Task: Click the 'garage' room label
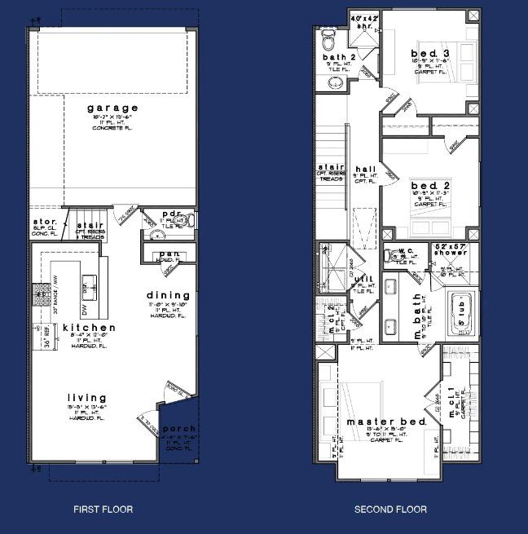[113, 108]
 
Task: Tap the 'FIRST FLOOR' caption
[103, 510]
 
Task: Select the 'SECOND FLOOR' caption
[390, 510]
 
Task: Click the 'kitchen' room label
[90, 328]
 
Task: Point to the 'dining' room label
[169, 295]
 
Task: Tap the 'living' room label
[86, 397]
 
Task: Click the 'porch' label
[178, 429]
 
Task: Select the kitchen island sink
[90, 285]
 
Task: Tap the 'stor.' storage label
[45, 221]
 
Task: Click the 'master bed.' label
[376, 421]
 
